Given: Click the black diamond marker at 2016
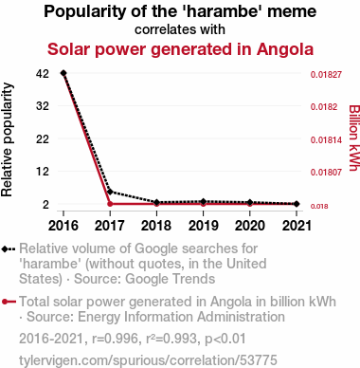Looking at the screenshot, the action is [x=63, y=73].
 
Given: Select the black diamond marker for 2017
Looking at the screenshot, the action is [x=110, y=192].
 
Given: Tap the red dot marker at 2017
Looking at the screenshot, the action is [x=110, y=204].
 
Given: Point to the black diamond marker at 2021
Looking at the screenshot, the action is [x=297, y=204].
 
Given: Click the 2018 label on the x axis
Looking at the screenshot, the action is [x=156, y=226].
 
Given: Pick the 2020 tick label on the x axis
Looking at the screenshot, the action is [x=250, y=226].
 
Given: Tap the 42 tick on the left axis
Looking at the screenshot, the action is [x=43, y=74].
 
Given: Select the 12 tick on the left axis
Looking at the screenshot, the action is [x=43, y=172].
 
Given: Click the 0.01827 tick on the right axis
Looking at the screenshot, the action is [x=326, y=75].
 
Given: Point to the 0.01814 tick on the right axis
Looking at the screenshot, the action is [x=326, y=139].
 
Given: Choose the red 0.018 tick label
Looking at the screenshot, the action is [x=319, y=207].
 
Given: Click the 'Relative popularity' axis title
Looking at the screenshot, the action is [x=7, y=139].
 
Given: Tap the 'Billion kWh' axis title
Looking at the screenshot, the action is [x=354, y=138].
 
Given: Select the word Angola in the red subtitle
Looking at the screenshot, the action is [x=285, y=49].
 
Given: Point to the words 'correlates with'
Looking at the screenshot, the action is [x=180, y=29].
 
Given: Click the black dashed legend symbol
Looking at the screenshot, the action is [x=9, y=248].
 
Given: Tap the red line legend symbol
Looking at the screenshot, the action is [x=9, y=302].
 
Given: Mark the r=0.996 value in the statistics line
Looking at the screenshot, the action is [x=115, y=339].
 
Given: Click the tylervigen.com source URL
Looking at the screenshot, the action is [x=148, y=360].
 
